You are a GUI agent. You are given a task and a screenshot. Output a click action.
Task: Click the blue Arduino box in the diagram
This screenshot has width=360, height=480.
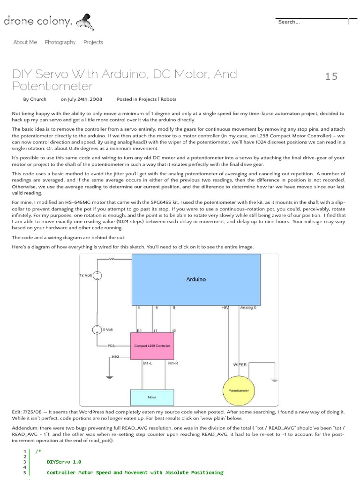coord(195,280)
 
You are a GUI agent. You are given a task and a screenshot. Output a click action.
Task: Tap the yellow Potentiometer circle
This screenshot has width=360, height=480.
coord(239,390)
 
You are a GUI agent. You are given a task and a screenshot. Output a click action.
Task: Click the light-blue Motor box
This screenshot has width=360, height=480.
coord(152,397)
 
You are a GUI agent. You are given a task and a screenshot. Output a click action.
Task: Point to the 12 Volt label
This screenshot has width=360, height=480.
coord(86,276)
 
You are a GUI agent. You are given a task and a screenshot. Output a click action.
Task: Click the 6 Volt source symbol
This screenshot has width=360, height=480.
coord(97,330)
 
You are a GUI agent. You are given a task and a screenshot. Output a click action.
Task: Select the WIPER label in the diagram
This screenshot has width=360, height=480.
coord(240,364)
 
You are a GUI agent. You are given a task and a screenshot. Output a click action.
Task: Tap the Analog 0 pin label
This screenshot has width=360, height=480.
coord(249,308)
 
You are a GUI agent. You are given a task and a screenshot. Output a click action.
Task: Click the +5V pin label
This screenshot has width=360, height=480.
coord(225,308)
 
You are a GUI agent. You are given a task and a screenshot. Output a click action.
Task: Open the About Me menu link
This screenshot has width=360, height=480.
coord(25,42)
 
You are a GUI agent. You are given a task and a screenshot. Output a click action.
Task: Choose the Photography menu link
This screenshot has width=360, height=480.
coord(60,42)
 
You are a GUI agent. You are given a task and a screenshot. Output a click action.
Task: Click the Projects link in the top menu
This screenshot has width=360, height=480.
coord(93,42)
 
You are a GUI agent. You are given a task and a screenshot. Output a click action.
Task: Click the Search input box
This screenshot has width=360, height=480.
coord(311,22)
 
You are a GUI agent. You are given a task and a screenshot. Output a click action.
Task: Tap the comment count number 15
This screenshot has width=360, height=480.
coord(331,76)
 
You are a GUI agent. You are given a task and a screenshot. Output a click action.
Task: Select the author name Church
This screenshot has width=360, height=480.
coord(38,99)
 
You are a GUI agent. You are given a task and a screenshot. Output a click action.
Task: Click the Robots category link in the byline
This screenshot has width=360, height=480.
coord(169,99)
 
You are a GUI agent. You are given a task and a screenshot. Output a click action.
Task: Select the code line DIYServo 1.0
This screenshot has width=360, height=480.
coord(64,461)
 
